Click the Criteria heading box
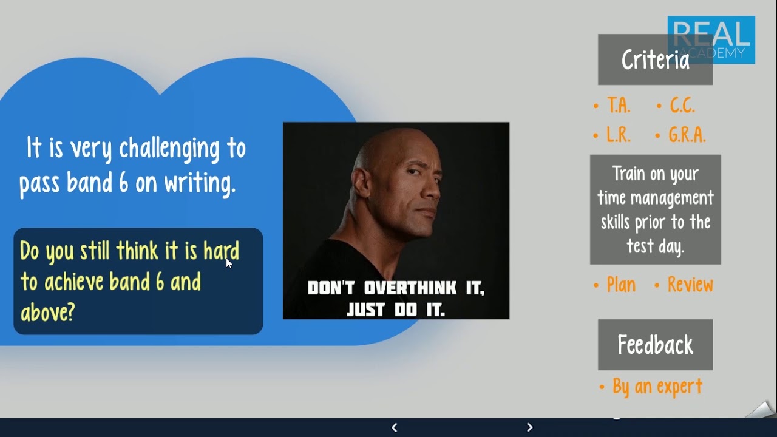pyautogui.click(x=655, y=59)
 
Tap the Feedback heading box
pyautogui.click(x=655, y=345)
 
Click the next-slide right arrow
pyautogui.click(x=529, y=427)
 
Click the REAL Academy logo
pyautogui.click(x=711, y=39)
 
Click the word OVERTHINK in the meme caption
pyautogui.click(x=410, y=288)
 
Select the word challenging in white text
pyautogui.click(x=169, y=149)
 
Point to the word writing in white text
pyautogui.click(x=200, y=183)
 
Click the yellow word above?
pyautogui.click(x=47, y=312)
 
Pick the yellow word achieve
pyautogui.click(x=74, y=281)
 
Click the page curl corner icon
pyautogui.click(x=761, y=410)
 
